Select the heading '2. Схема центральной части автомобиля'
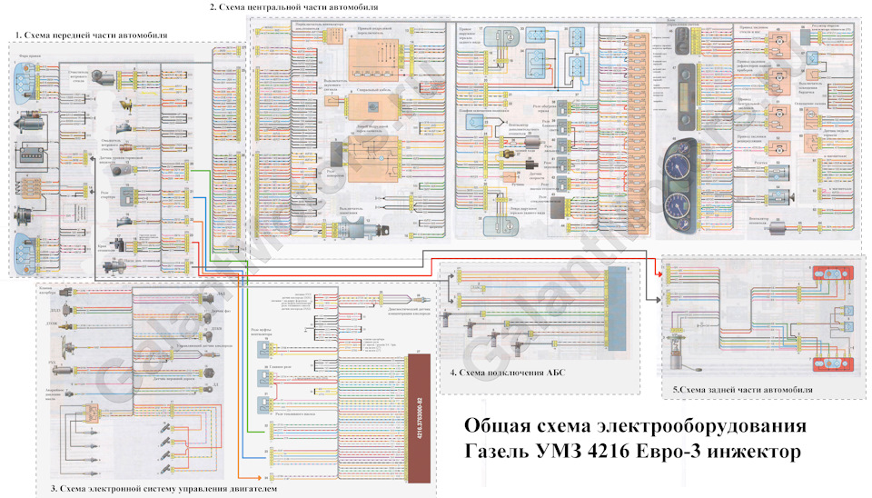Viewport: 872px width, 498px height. pos(281,6)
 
